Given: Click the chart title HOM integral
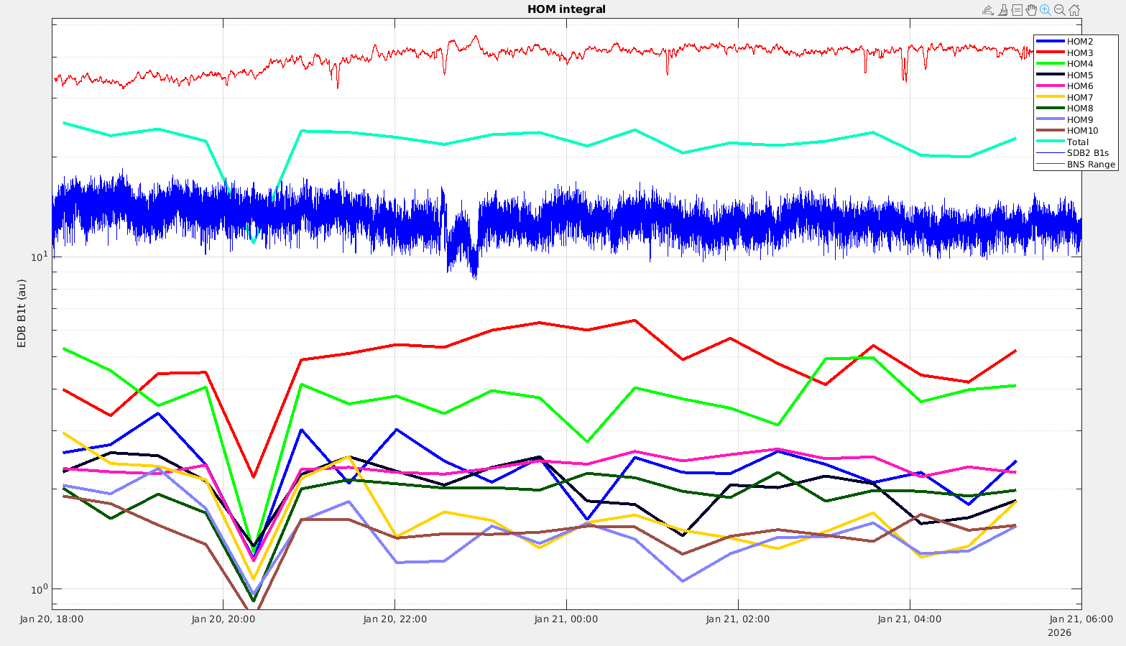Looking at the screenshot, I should tap(566, 9).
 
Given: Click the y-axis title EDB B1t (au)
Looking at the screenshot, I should tap(22, 313).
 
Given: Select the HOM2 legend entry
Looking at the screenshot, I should tap(1079, 42).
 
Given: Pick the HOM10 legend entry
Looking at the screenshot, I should tap(1082, 131).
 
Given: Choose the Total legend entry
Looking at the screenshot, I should tap(1077, 142).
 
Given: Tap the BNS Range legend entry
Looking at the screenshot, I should tap(1091, 165).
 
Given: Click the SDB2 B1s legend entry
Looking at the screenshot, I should tap(1087, 153).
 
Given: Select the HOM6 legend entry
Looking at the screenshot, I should tap(1079, 86).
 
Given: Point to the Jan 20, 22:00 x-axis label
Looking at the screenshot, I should tap(394, 619).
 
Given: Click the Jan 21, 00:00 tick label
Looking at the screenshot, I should tap(566, 619).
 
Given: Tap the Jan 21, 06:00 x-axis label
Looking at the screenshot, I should tap(1081, 619).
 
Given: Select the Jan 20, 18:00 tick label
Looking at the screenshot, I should tap(52, 619).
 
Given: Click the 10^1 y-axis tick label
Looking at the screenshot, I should tap(39, 257).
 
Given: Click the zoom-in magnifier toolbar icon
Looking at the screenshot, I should tap(1045, 10).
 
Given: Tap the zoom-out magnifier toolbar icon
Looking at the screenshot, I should tap(1059, 10).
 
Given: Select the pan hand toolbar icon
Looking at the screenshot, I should tap(1031, 10).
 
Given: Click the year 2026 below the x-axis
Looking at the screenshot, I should tap(1059, 633).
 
